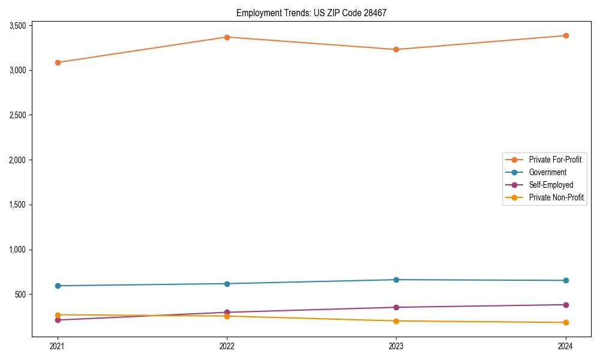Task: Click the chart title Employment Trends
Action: coord(316,13)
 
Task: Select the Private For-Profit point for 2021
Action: coord(58,62)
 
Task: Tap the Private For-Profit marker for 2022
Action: coord(227,37)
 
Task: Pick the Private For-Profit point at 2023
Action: coord(397,50)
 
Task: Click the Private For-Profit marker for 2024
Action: coord(566,35)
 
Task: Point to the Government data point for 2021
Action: coord(58,286)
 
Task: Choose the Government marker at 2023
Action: coord(397,280)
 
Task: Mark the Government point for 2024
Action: coord(566,280)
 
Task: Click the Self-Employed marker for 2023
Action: coord(397,307)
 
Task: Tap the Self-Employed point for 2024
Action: coord(566,305)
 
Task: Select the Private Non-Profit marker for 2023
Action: coord(397,321)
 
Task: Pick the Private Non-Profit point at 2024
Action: coord(566,323)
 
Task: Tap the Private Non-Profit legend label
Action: coord(556,197)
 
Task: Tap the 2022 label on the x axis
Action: coord(227,346)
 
